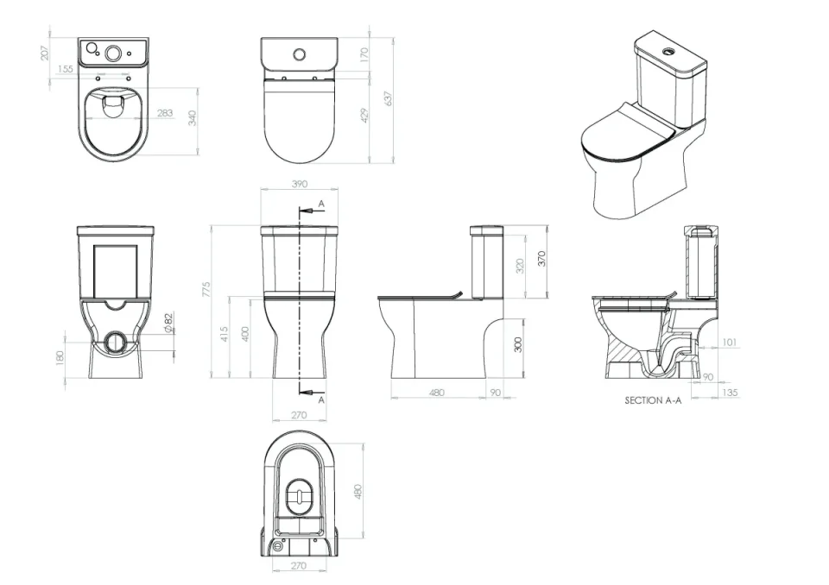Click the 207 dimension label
pos(44,53)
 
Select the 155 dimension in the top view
pos(66,70)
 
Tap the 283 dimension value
pos(164,113)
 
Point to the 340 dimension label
pos(193,118)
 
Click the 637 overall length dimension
pos(389,98)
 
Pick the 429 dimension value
pos(364,116)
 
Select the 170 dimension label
pos(364,53)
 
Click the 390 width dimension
pos(300,185)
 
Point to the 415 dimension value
pos(225,334)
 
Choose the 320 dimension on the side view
pos(519,266)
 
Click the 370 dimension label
pos(542,258)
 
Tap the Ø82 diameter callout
pos(168,322)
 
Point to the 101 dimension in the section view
pos(729,343)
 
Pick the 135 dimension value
pos(731,393)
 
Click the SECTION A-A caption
pos(653,401)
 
